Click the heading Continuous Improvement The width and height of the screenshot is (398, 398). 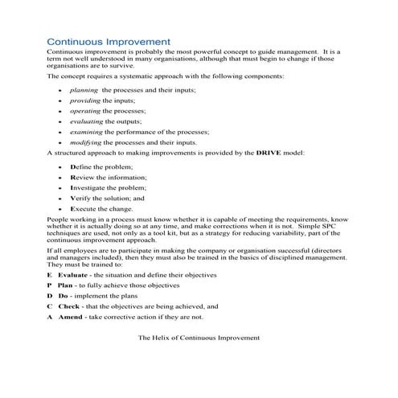pos(108,39)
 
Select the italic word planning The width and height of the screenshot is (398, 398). pos(84,90)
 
